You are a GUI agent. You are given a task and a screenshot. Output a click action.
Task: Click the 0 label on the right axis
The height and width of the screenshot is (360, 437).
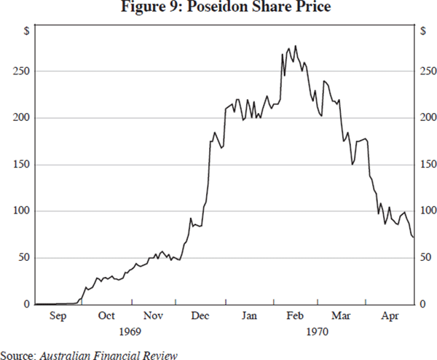[x=423, y=305]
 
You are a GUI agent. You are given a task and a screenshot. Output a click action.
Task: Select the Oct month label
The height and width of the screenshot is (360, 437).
[x=106, y=316]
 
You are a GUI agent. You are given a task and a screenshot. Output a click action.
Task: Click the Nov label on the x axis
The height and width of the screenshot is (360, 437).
[x=153, y=316]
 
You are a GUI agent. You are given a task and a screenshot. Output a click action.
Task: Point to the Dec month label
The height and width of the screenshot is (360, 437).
[x=200, y=316]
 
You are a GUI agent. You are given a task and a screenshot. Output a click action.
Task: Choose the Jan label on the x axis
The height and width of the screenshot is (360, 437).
[x=249, y=316]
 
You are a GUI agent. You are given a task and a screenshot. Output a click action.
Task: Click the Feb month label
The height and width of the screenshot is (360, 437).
[x=295, y=316]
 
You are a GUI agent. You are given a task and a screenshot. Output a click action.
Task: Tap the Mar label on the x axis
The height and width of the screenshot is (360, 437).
[x=341, y=316]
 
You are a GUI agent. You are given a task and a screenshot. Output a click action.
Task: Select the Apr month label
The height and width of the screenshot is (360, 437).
[x=390, y=316]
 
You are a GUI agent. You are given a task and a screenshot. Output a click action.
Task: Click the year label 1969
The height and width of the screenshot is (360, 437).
[x=130, y=332]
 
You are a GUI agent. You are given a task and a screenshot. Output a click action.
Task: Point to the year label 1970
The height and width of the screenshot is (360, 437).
[x=318, y=332]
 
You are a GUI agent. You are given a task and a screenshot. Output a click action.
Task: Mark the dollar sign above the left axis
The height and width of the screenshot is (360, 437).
[x=26, y=31]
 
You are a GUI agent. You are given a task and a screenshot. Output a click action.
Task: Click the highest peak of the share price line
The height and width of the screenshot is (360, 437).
[x=295, y=46]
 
